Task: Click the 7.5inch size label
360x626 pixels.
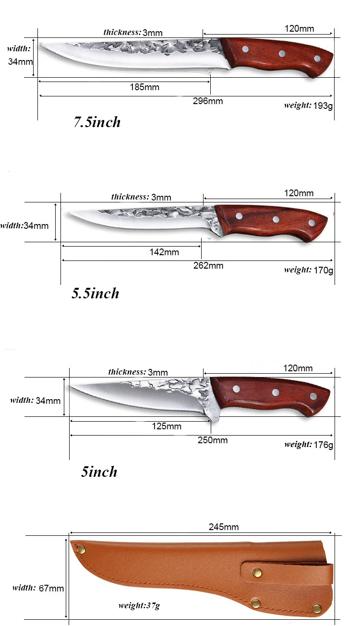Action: [x=96, y=122]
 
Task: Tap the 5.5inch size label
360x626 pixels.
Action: [x=95, y=293]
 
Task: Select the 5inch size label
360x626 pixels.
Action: [x=99, y=472]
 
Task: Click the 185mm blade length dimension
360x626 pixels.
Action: [x=144, y=87]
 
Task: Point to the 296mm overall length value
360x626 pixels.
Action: [x=208, y=101]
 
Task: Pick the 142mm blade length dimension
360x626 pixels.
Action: [x=164, y=252]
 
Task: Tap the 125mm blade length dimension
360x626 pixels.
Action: [x=167, y=426]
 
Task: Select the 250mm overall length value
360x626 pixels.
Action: [x=213, y=440]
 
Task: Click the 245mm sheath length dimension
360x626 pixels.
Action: [x=224, y=527]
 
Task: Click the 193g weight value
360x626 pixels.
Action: [x=323, y=106]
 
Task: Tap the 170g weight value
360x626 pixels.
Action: [x=323, y=270]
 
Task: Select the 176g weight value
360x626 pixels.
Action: [x=323, y=445]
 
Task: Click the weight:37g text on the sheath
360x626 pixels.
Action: [x=139, y=605]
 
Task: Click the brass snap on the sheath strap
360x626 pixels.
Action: [x=257, y=572]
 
